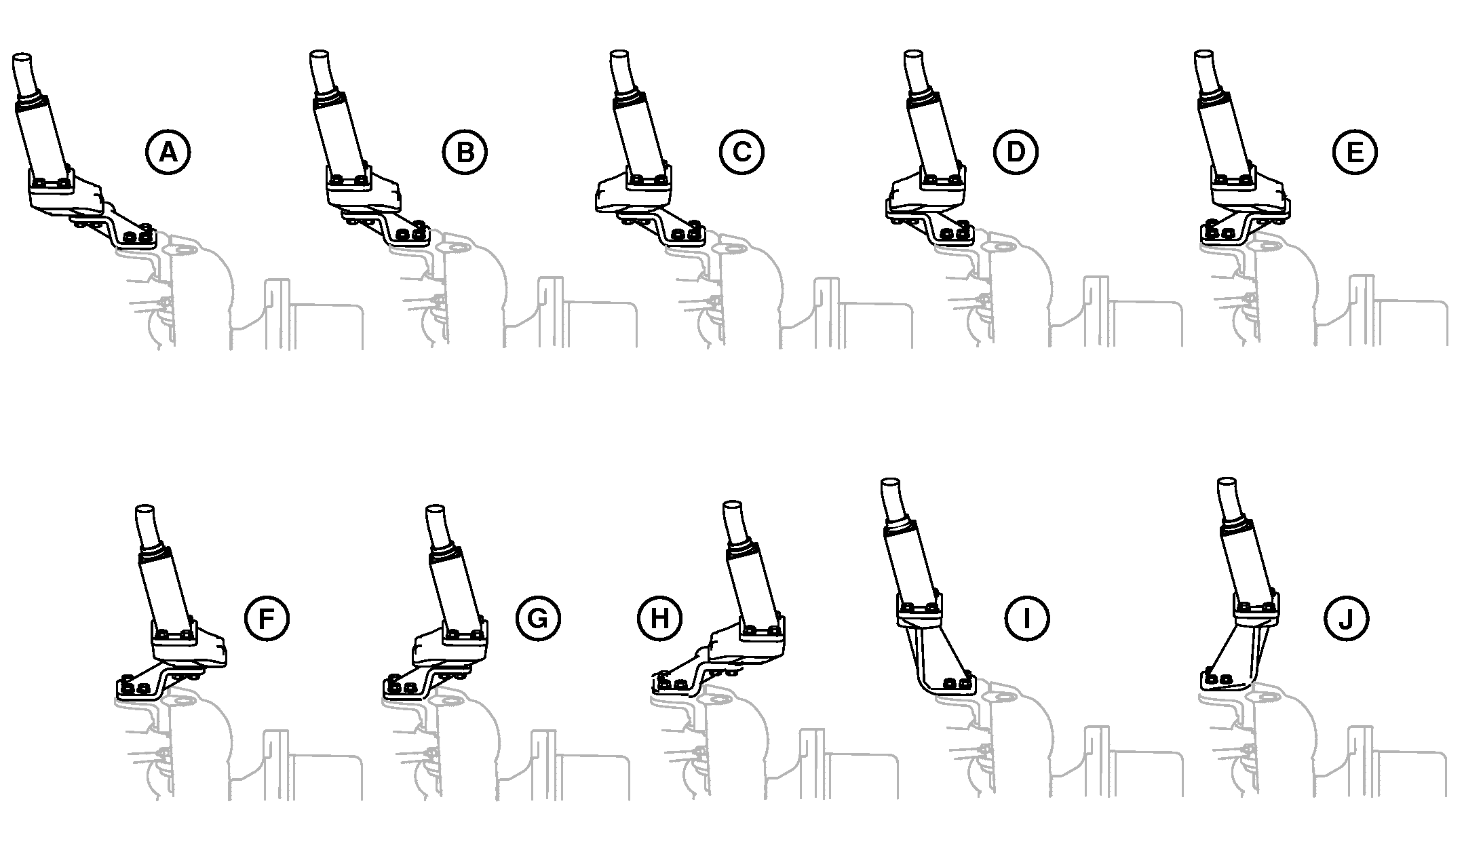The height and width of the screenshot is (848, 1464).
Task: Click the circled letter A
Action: (168, 152)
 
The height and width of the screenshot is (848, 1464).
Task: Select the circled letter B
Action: (465, 152)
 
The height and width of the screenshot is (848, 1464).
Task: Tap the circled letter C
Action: (741, 152)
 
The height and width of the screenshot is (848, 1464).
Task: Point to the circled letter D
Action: (1015, 152)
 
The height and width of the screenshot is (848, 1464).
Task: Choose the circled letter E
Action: (1354, 152)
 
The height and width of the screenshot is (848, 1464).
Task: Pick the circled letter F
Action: (266, 618)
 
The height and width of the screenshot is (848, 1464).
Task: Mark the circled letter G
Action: (537, 618)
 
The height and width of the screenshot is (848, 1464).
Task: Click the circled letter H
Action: (659, 618)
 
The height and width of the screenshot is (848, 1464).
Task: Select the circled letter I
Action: (1026, 618)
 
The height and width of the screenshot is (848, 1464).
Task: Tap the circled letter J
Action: (1346, 618)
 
